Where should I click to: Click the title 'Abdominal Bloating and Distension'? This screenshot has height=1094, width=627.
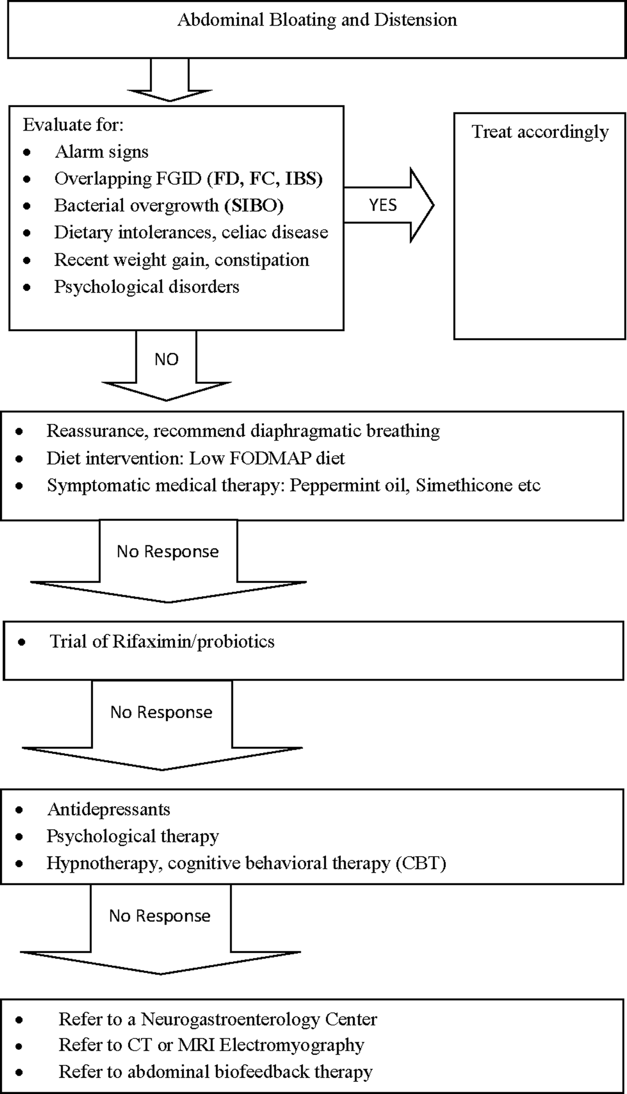pos(317,20)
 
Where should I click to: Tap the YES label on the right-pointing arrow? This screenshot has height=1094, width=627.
pos(383,205)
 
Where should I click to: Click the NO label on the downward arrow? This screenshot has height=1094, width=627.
pos(166,359)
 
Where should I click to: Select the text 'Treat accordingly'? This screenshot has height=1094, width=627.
pos(540,132)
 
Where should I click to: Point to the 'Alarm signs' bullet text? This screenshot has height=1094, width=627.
pos(101,152)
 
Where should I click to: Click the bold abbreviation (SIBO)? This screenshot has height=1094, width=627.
pos(254,205)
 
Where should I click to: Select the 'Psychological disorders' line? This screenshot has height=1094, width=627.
pos(147,287)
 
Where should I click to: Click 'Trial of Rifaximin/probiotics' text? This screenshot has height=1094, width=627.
pos(162,641)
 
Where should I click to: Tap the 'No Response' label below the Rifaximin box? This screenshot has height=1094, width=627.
pos(161,712)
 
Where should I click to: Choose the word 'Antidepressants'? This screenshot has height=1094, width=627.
pos(109,809)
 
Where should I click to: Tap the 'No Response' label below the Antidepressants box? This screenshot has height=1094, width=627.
pos(160,916)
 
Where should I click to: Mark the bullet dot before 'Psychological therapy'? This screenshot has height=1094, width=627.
pos(20,837)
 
